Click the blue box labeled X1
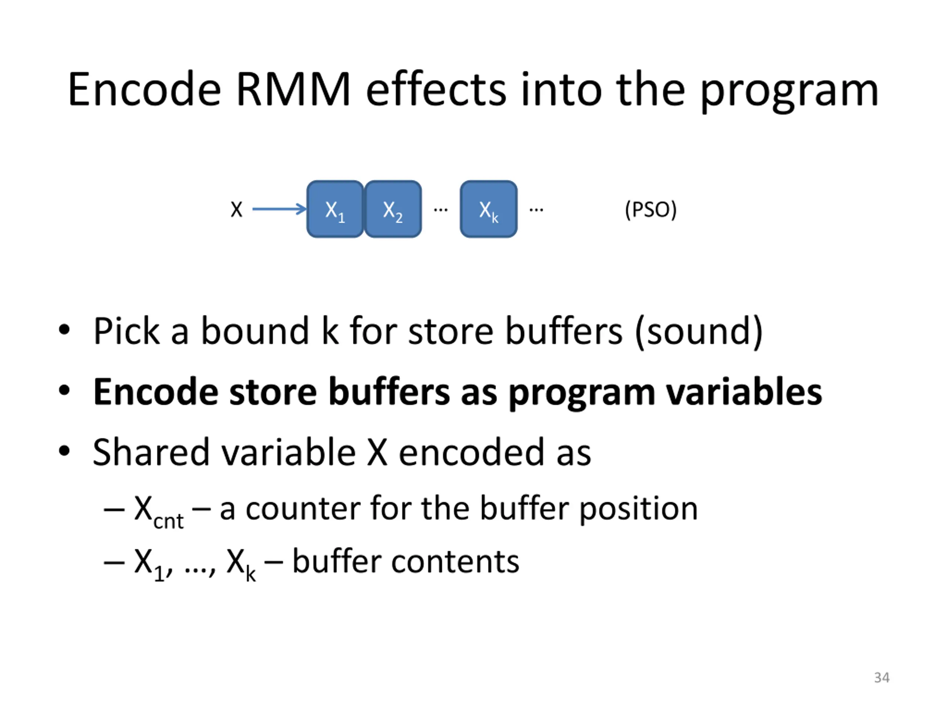(x=335, y=209)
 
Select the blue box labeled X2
(x=392, y=209)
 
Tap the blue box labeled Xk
(x=489, y=209)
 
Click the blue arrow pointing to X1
(x=279, y=209)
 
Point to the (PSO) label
(x=650, y=210)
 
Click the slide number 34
(x=882, y=677)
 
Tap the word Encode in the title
(x=144, y=90)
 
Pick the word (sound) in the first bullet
(x=699, y=331)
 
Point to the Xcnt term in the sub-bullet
(x=158, y=512)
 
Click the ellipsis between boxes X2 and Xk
(x=441, y=210)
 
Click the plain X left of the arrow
(x=236, y=210)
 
